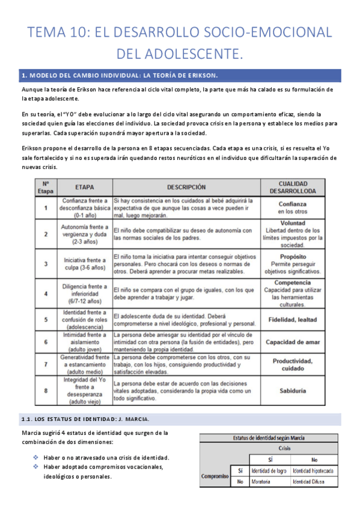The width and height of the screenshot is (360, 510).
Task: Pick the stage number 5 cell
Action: point(46,319)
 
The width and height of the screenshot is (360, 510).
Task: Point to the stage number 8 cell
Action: point(46,390)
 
